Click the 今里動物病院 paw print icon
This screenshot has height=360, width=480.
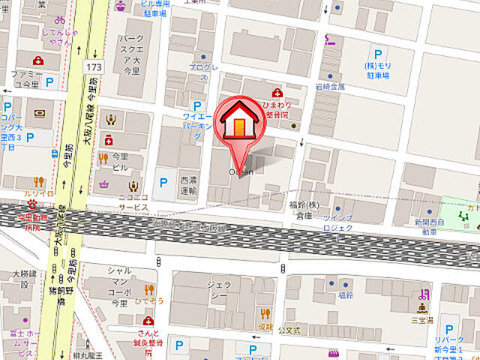click(x=31, y=203)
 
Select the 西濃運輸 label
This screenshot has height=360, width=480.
click(x=188, y=185)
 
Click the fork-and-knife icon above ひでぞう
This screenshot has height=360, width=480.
click(x=148, y=289)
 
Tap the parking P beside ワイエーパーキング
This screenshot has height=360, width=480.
click(x=197, y=106)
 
